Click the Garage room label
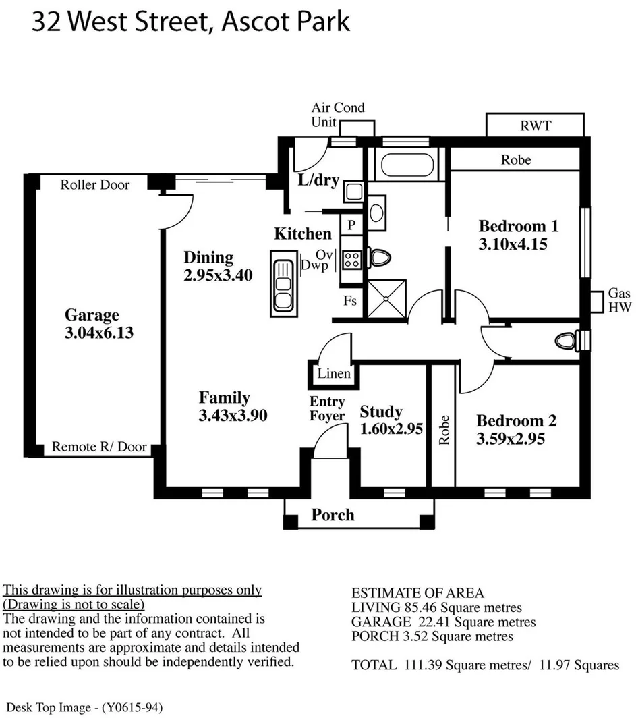pyautogui.click(x=92, y=315)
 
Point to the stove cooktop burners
pyautogui.click(x=351, y=258)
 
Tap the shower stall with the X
pyautogui.click(x=386, y=297)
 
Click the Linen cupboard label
pyautogui.click(x=334, y=374)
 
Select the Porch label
pyautogui.click(x=333, y=516)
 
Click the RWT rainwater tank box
pyautogui.click(x=535, y=126)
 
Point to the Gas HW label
pyautogui.click(x=619, y=300)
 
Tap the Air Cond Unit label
pyautogui.click(x=337, y=115)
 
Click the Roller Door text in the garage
pyautogui.click(x=95, y=185)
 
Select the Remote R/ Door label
pyautogui.click(x=98, y=447)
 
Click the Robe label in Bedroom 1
pyautogui.click(x=515, y=160)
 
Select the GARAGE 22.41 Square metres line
pyautogui.click(x=444, y=622)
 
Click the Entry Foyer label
pyautogui.click(x=327, y=410)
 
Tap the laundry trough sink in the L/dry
pyautogui.click(x=353, y=192)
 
